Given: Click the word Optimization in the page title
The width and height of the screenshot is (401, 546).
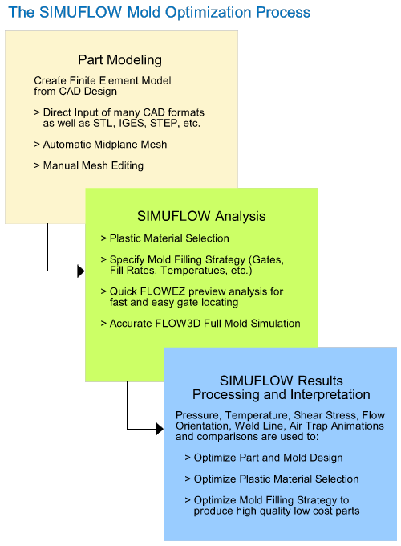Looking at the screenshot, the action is (209, 13).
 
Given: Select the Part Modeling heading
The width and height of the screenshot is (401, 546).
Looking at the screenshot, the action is (119, 60).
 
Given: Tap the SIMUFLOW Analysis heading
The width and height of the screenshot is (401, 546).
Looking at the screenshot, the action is (201, 216).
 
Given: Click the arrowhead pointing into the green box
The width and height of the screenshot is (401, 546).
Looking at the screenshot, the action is (81, 271).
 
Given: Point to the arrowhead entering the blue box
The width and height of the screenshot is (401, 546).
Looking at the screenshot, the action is (160, 429).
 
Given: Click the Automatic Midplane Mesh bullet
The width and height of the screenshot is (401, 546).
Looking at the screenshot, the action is (100, 145).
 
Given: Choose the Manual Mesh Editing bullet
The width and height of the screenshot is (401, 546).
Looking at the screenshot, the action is (89, 165).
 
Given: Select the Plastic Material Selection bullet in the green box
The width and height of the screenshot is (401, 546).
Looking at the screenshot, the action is (165, 238).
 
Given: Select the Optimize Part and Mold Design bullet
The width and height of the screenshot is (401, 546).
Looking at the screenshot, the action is (264, 458).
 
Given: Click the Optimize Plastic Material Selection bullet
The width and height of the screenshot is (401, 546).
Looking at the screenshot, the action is (272, 479).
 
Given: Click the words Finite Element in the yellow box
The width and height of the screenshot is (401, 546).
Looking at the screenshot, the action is (99, 80).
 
